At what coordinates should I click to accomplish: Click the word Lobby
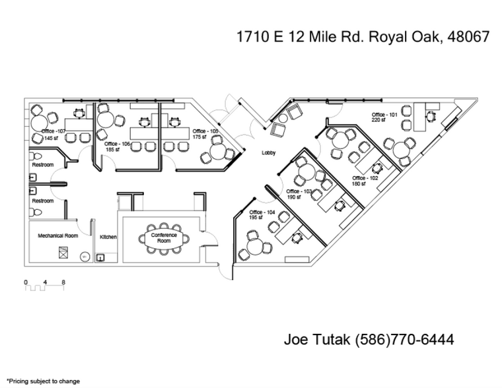[x=268, y=152]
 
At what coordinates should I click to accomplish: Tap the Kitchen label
[x=108, y=236]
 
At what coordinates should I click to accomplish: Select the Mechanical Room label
[x=57, y=236]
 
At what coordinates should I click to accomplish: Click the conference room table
[x=164, y=238]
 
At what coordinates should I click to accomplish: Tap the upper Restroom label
[x=43, y=164]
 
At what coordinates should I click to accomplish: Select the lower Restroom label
[x=43, y=201]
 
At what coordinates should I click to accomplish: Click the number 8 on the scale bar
[x=63, y=282]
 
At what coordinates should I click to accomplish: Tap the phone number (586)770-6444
[x=404, y=340]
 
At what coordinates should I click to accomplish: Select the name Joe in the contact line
[x=297, y=340]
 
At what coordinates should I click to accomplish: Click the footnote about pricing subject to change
[x=43, y=381]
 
